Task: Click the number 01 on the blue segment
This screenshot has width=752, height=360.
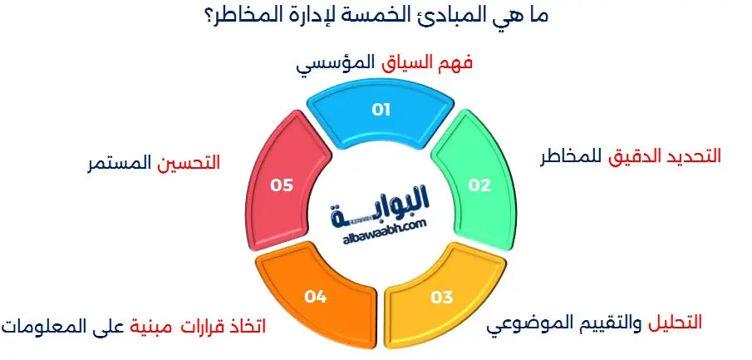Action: point(381,109)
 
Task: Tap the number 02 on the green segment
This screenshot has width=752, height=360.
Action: point(479,185)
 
